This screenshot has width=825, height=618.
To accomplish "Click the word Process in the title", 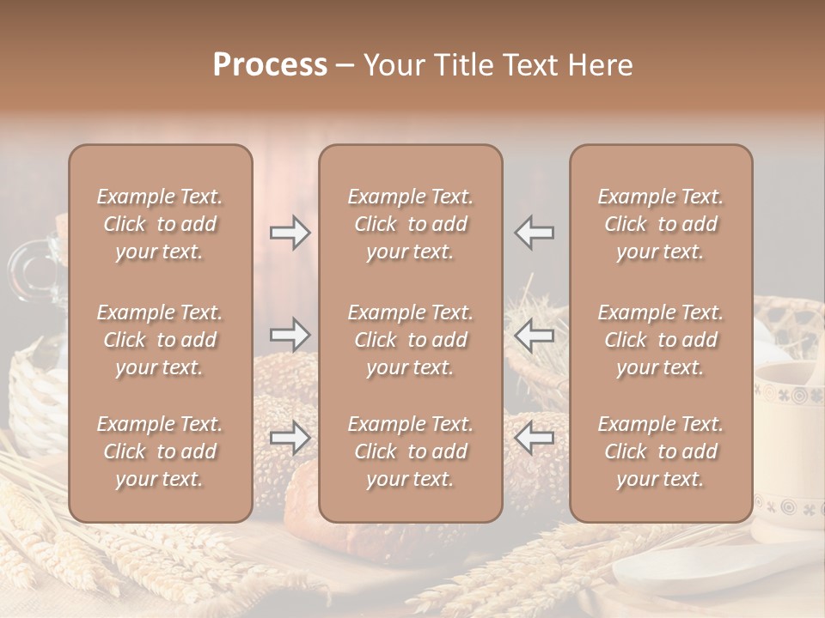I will coord(270,65).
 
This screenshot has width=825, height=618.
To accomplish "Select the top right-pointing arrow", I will coord(290,233).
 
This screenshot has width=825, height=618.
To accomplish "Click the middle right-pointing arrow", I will coord(290,335).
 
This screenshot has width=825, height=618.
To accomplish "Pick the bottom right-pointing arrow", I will coord(290,438).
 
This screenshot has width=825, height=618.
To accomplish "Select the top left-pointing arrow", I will coord(535,233).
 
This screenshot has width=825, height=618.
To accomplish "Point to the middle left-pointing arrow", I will coord(535,335).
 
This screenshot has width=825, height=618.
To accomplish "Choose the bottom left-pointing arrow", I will coord(535,438).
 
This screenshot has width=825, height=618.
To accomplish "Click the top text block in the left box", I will coord(160,224).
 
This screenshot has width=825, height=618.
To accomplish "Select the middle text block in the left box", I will coord(160,340).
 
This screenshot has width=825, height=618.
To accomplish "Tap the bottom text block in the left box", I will coord(160,451).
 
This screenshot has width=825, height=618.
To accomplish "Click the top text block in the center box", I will coord(410,224).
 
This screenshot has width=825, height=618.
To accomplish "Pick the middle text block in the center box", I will coord(410,340).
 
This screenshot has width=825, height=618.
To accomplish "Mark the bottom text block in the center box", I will coord(410,451).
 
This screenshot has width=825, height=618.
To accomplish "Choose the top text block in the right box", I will coord(660,224).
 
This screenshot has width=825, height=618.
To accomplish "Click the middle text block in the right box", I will coord(660,340).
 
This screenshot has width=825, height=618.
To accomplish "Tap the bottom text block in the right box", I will coord(660,451).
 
